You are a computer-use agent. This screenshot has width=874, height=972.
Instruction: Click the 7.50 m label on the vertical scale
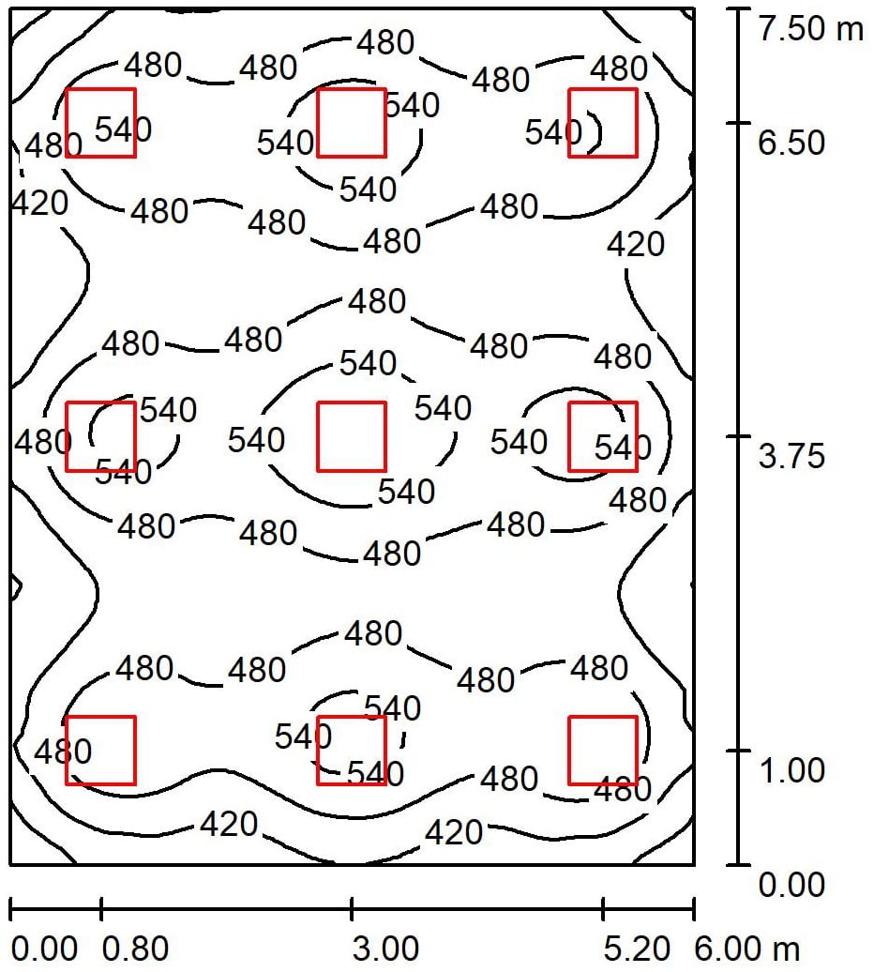811,28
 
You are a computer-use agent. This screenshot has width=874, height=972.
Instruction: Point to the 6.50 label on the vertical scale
791,143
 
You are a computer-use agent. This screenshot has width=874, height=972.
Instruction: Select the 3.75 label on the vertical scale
791,456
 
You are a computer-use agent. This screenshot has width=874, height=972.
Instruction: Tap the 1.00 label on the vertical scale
791,770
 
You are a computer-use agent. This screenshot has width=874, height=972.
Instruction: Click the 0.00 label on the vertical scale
791,884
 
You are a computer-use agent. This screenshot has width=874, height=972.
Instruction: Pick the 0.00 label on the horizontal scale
44,949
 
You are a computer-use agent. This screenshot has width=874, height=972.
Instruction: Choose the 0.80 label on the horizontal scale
135,949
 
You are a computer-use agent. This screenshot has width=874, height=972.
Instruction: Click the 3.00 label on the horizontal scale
385,949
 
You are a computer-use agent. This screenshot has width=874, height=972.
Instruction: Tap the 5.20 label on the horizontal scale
637,949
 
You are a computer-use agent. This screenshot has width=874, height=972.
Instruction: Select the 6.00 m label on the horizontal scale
747,949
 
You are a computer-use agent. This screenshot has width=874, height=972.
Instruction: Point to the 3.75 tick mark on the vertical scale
738,436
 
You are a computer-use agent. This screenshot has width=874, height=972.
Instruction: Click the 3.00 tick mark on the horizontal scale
352,909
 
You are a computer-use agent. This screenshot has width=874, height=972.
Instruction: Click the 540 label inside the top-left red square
123,129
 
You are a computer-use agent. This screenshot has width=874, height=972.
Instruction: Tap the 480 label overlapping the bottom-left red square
63,752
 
